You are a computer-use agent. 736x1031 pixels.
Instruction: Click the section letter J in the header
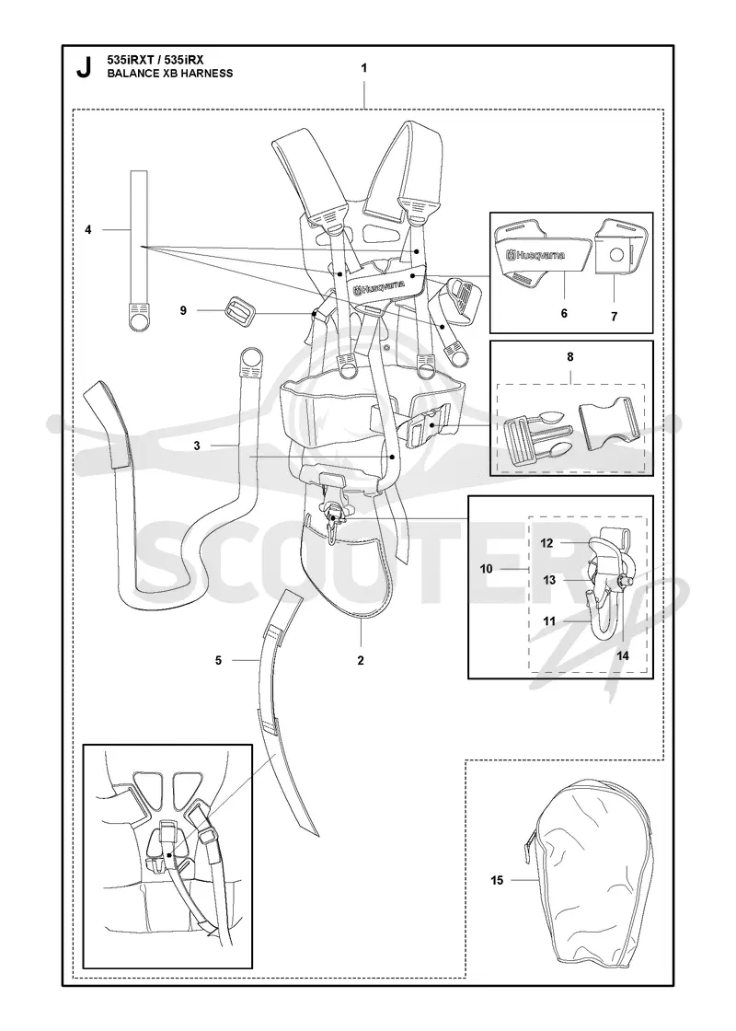(84, 68)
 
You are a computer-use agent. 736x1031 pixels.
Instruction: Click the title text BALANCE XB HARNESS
(169, 74)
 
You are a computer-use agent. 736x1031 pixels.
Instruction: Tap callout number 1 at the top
(364, 68)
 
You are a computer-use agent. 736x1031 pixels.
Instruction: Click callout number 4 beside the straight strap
(88, 229)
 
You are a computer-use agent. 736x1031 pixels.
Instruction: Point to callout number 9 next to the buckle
(183, 309)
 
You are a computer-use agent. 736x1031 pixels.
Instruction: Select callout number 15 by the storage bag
(497, 880)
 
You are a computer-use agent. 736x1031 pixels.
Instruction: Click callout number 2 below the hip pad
(361, 661)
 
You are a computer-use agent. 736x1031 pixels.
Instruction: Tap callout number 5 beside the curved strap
(219, 660)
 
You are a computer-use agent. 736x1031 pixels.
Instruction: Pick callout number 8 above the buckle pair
(570, 357)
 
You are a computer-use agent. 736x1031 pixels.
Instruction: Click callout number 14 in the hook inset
(623, 655)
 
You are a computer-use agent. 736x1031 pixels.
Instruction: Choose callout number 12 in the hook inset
(547, 543)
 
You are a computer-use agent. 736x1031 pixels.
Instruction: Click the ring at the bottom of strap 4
(139, 319)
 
